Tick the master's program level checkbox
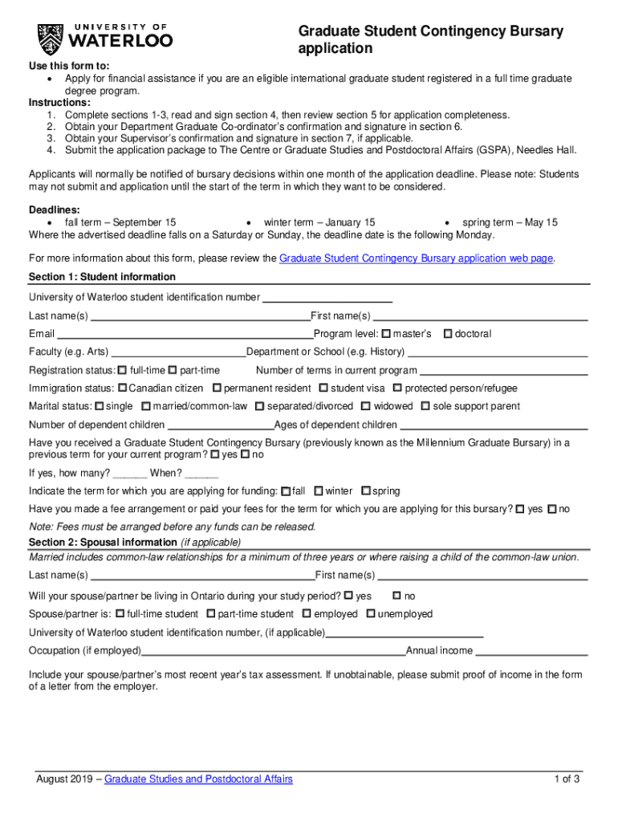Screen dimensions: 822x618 (x=386, y=333)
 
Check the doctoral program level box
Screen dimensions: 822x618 (x=448, y=333)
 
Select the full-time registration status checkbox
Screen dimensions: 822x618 (x=122, y=370)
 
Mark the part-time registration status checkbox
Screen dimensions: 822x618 (x=173, y=370)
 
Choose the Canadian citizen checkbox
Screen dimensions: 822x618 (x=122, y=388)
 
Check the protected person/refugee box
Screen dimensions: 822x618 (x=397, y=388)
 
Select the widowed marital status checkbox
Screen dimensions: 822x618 (x=366, y=406)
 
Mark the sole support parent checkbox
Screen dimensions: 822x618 (x=425, y=406)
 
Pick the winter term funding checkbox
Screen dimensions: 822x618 (x=319, y=490)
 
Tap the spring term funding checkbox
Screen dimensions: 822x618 (x=366, y=490)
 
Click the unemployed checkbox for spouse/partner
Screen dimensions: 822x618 (x=371, y=613)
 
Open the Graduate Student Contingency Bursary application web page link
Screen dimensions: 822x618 (x=416, y=258)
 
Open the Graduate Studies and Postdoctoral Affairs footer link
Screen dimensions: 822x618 (x=198, y=779)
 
